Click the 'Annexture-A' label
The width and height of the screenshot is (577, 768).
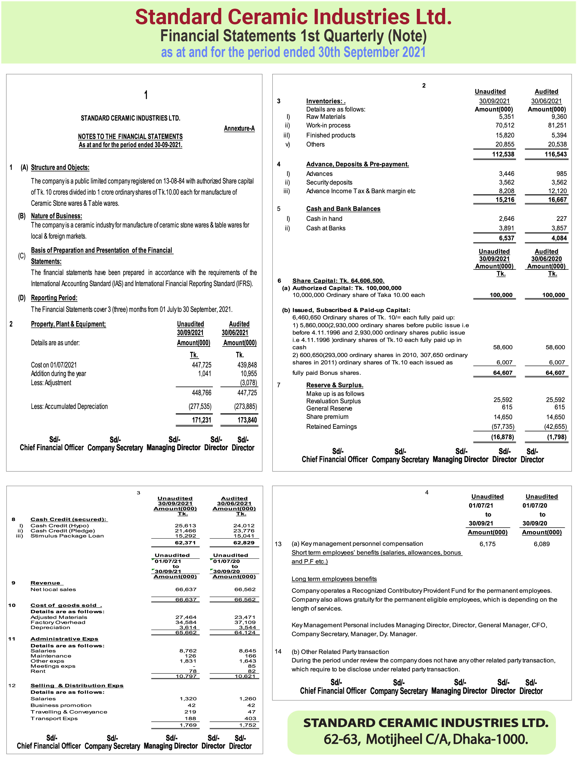pyautogui.click(x=239, y=128)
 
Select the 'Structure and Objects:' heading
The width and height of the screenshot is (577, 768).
pyautogui.click(x=60, y=167)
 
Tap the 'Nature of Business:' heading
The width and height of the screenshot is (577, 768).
pyautogui.click(x=57, y=216)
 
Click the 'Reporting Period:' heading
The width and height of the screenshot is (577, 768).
pyautogui.click(x=54, y=298)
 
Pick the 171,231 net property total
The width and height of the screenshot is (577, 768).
pyautogui.click(x=201, y=420)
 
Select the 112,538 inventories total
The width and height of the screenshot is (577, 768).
pyautogui.click(x=503, y=154)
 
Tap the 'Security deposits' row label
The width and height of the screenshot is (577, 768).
pyautogui.click(x=329, y=182)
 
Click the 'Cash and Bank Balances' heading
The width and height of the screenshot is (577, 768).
pyautogui.click(x=343, y=209)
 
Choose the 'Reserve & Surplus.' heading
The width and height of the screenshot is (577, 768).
pyautogui.click(x=335, y=385)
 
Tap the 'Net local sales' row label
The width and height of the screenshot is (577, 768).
pyautogui.click(x=53, y=589)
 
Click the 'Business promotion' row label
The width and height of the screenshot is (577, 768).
pyautogui.click(x=61, y=705)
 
